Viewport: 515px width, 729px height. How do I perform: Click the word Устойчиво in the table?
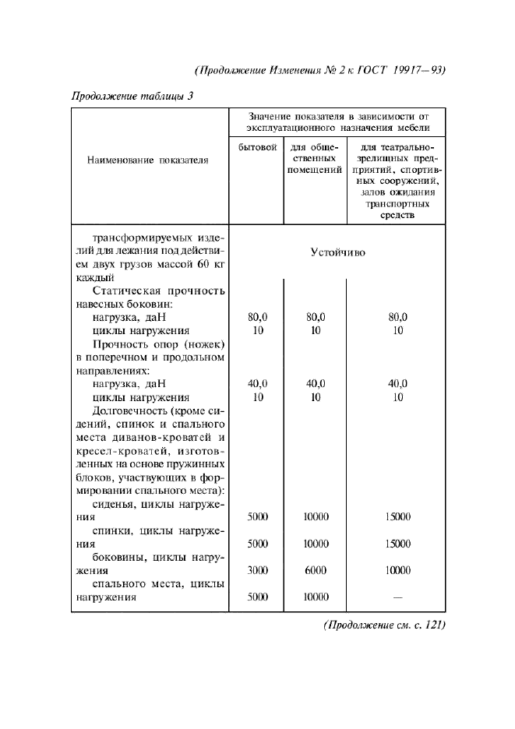click(337, 253)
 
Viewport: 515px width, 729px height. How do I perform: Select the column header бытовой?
click(256, 147)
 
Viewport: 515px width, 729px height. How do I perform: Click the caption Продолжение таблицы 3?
click(132, 97)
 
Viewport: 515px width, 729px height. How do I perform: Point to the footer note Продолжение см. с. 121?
click(383, 625)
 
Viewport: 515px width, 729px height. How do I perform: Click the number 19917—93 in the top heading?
click(418, 69)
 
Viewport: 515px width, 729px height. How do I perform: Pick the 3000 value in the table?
click(257, 570)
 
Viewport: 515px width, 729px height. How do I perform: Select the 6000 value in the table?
click(316, 570)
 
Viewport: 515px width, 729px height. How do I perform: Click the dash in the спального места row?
click(397, 597)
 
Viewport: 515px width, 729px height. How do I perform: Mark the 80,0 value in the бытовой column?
click(257, 317)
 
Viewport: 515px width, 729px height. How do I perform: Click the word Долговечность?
click(128, 410)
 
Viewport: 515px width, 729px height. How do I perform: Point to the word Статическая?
click(126, 291)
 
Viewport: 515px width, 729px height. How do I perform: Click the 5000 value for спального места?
click(257, 597)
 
